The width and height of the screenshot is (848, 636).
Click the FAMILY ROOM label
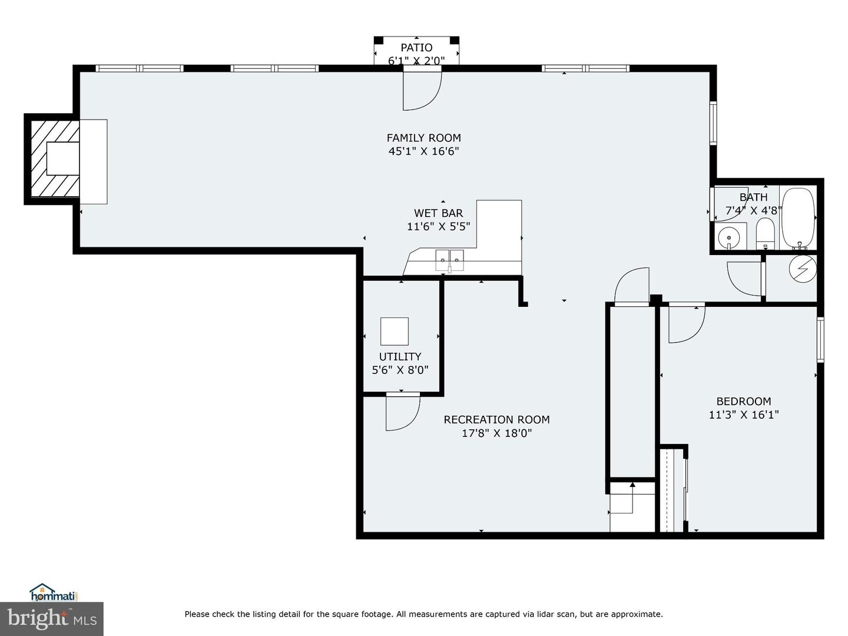click(423, 138)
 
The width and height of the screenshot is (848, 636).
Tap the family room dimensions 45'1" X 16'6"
click(423, 151)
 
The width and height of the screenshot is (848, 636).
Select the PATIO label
click(416, 48)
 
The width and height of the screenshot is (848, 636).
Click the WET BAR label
click(438, 213)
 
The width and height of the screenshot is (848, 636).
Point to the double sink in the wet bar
click(449, 260)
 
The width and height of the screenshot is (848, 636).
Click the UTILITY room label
click(400, 357)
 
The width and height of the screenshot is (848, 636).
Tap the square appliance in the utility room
click(394, 331)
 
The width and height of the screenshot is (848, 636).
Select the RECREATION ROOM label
click(496, 420)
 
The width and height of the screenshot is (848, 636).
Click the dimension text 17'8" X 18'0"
click(496, 433)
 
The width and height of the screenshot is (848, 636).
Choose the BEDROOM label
click(743, 402)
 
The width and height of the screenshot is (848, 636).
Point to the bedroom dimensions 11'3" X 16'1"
click(743, 415)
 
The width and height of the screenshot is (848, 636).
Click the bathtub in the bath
click(798, 218)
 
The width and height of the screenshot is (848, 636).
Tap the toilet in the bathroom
click(765, 233)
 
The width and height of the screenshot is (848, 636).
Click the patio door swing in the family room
click(421, 90)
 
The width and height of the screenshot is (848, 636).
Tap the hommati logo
click(54, 592)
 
